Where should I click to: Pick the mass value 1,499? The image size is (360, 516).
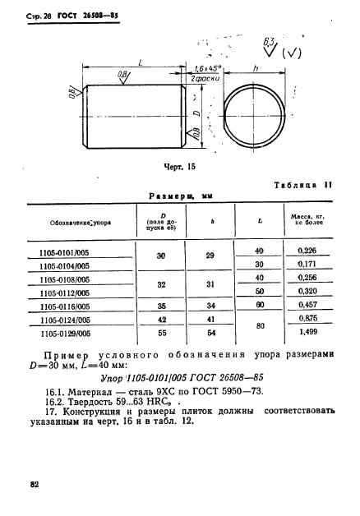point(308,334)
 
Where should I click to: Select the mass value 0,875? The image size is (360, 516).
point(308,319)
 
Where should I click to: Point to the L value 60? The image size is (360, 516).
point(260,304)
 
